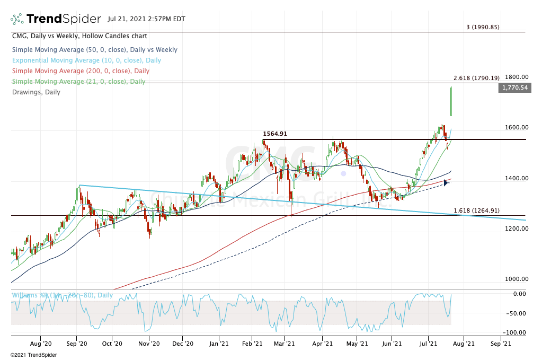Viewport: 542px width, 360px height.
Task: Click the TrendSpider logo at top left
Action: point(56,19)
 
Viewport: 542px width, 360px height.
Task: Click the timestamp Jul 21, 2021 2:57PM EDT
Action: point(146,19)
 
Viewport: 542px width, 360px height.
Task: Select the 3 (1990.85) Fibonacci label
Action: point(483,27)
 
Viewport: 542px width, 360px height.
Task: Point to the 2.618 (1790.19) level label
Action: point(476,78)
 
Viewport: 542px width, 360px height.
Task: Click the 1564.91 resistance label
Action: point(275,134)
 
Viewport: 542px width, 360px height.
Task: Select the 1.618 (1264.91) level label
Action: point(476,210)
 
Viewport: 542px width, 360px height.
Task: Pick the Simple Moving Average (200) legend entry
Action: point(80,71)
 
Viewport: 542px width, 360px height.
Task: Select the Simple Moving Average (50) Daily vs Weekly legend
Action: point(94,50)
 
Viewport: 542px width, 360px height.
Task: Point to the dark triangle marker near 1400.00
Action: point(446,183)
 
